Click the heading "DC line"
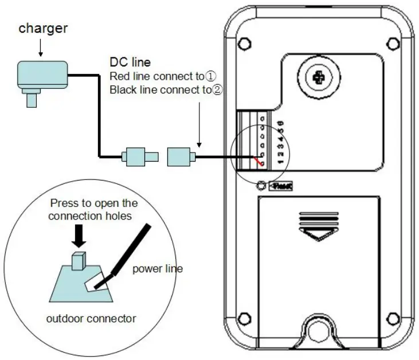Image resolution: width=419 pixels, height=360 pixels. point(130,62)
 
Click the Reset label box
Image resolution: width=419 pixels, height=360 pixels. point(281,186)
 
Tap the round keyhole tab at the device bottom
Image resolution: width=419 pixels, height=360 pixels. point(317,331)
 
